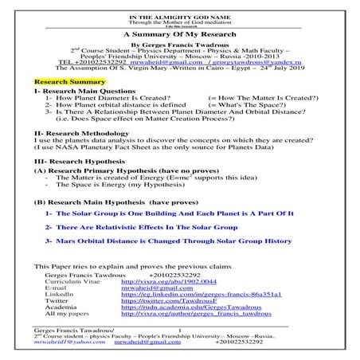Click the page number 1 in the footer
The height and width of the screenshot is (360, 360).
pos(180,330)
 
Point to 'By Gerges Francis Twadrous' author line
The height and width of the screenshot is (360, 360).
pos(179,47)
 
